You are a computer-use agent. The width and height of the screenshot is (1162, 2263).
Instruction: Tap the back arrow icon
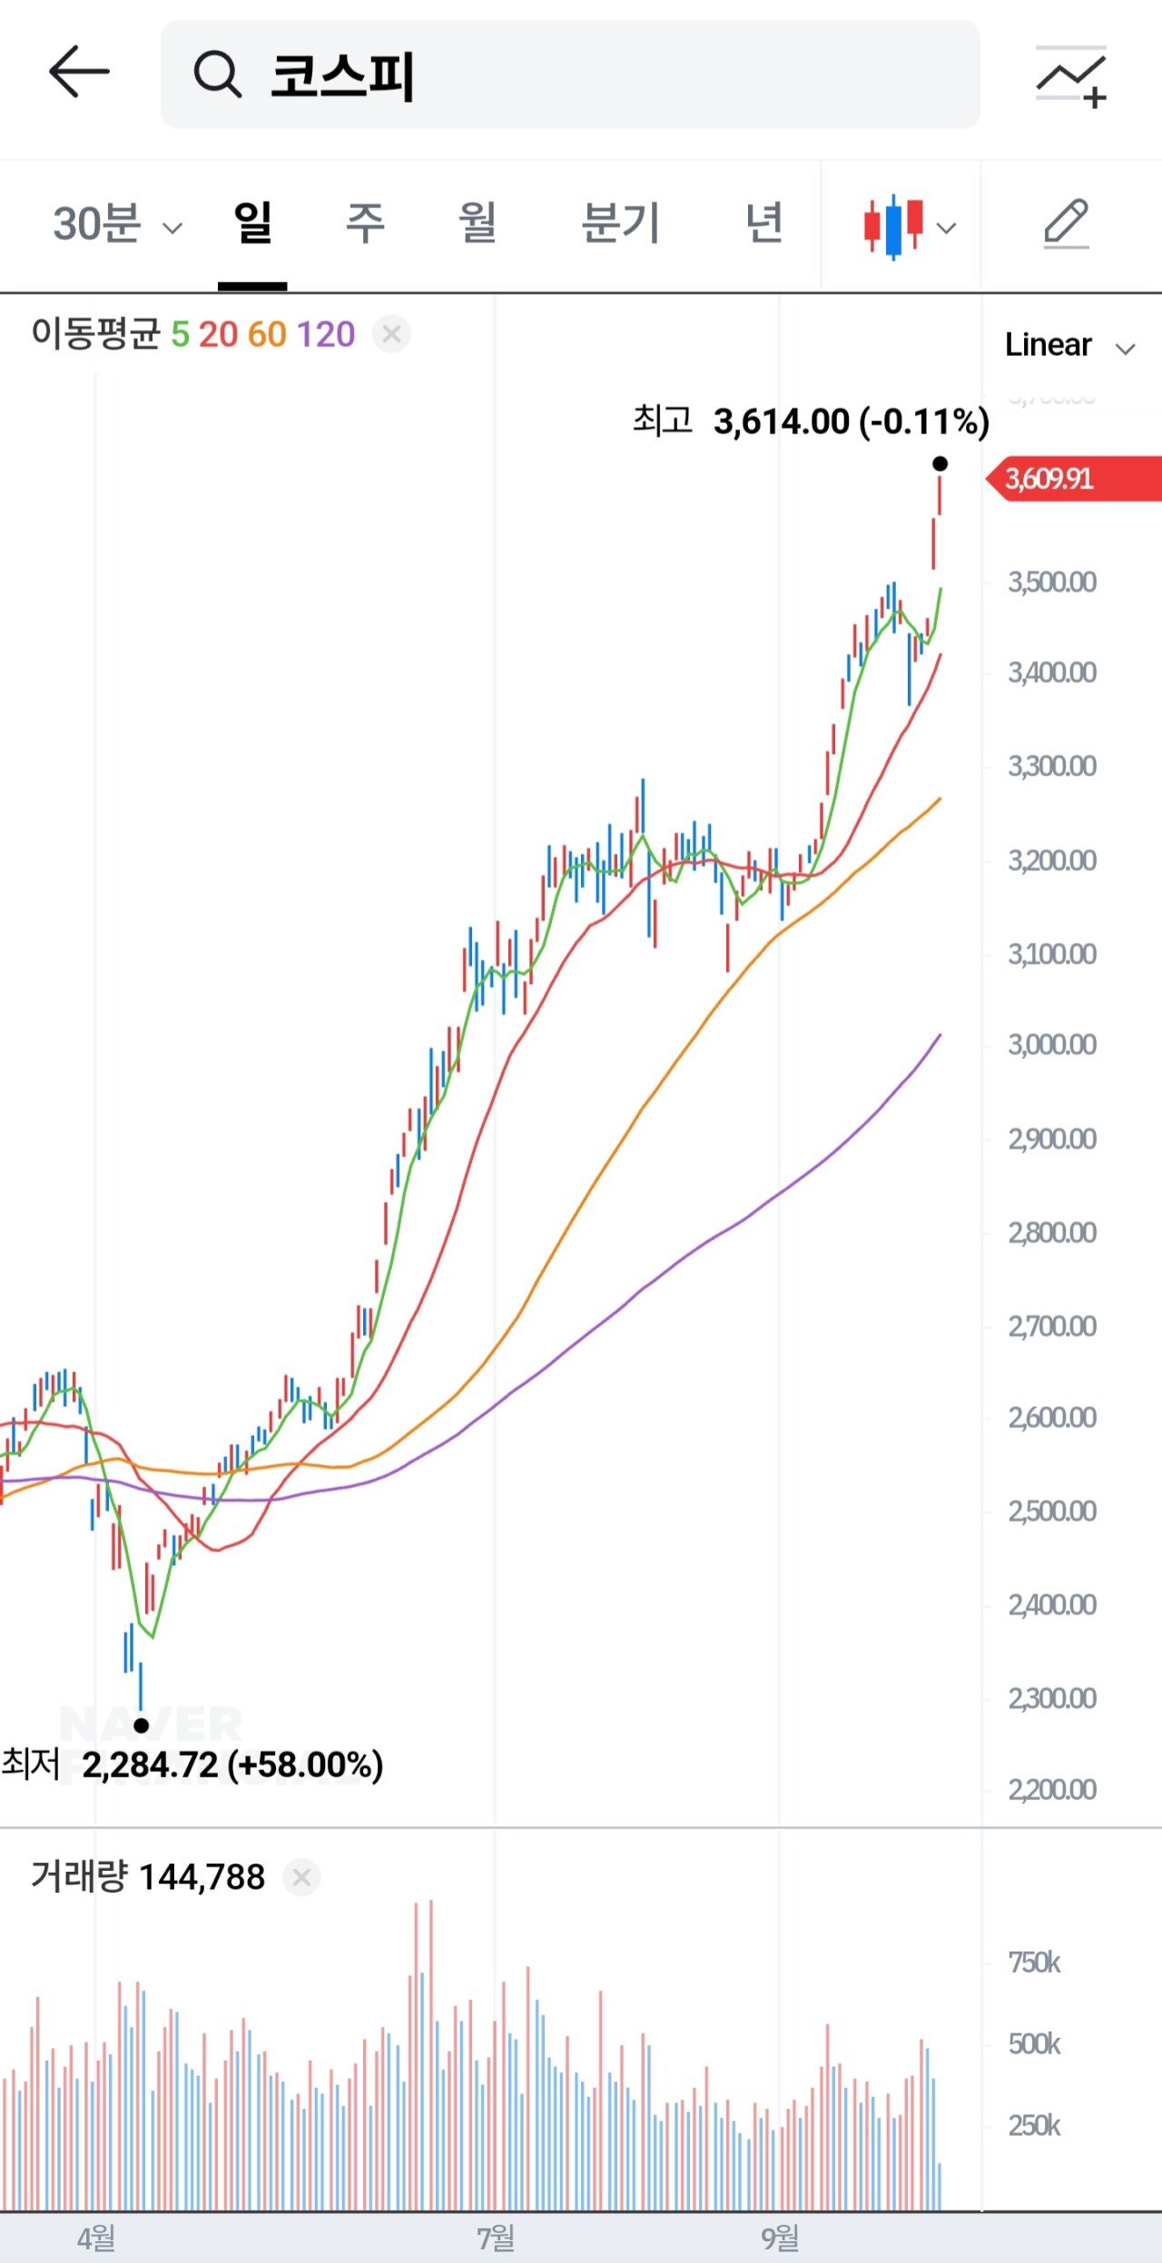[x=79, y=73]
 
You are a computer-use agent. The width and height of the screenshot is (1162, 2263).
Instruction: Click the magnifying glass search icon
[x=217, y=74]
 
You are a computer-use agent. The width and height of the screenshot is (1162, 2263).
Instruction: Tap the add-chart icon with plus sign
[x=1072, y=76]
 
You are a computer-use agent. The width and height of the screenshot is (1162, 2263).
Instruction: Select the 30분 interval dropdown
[x=117, y=223]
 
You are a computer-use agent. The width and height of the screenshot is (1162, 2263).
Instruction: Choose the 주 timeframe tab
[x=365, y=223]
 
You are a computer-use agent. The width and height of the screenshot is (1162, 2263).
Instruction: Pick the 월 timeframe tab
[x=478, y=223]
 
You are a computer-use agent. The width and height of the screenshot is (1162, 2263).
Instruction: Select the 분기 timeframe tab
[x=620, y=223]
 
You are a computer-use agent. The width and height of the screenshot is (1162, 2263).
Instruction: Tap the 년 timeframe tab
[x=764, y=223]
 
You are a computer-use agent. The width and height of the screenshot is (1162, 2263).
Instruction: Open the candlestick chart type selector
[x=909, y=226]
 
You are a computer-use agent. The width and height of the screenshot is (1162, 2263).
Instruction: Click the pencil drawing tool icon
[x=1066, y=223]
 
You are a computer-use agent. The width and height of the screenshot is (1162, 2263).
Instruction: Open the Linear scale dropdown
[x=1069, y=346]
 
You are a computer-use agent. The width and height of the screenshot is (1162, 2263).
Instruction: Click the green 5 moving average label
[x=180, y=335]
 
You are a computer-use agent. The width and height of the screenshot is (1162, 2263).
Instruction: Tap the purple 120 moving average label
[x=326, y=335]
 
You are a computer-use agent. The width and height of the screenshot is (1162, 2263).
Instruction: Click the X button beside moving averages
[x=392, y=335]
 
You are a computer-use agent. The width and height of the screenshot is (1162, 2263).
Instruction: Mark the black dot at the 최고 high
[x=940, y=465]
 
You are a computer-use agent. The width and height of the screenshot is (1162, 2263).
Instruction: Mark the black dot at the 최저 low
[x=142, y=1726]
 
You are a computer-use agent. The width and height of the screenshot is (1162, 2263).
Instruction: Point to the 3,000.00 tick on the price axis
[x=1052, y=1045]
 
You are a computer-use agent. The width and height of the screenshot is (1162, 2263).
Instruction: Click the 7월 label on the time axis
[x=496, y=2238]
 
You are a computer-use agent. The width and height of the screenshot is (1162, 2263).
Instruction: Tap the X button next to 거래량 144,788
[x=302, y=1877]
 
